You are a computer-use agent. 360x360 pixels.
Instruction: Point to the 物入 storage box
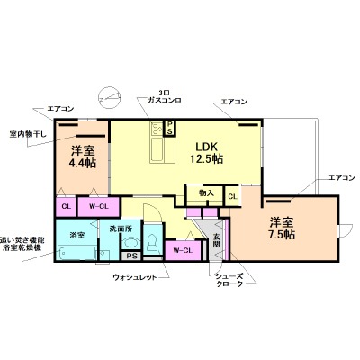(204, 192)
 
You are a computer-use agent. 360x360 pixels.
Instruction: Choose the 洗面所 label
(121, 229)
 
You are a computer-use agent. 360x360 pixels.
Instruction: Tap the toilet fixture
(152, 241)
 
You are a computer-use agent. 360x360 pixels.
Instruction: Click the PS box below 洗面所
(131, 256)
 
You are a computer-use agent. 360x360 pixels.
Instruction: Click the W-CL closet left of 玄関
(183, 247)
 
